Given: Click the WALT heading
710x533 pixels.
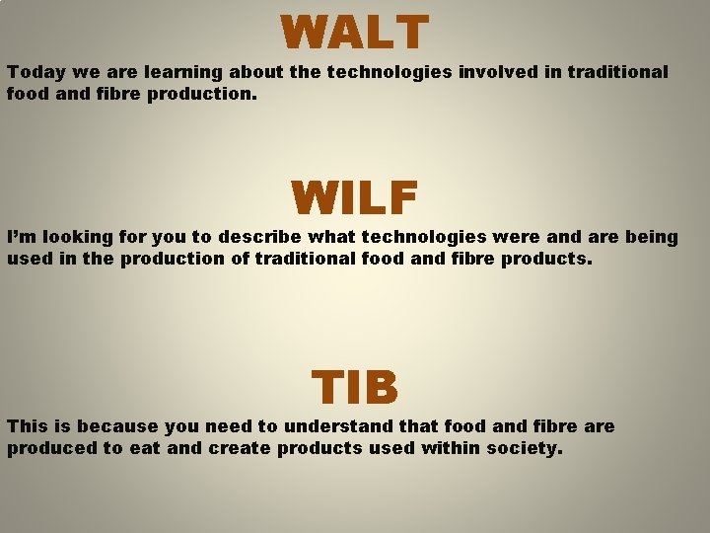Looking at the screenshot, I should [x=354, y=32].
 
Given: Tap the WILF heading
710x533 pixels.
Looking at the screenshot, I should [x=354, y=197].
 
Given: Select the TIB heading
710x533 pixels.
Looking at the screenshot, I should [x=355, y=387].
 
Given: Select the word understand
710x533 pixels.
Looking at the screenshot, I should [x=333, y=426].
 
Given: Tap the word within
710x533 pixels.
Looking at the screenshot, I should [x=452, y=448].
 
